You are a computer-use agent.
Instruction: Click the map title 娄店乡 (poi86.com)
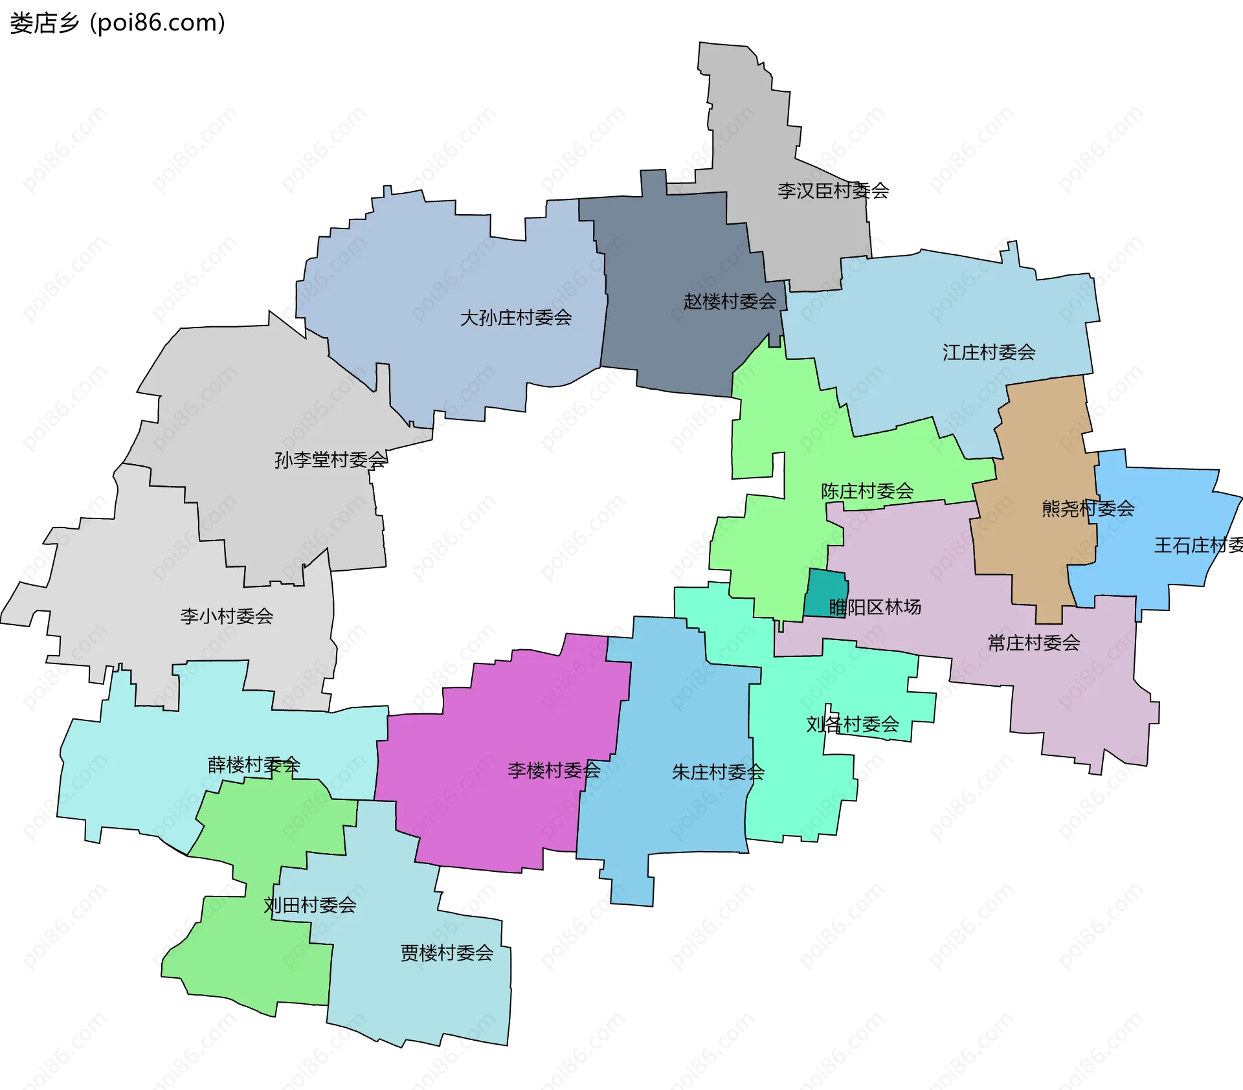click(x=117, y=23)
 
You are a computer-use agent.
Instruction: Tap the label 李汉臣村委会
click(x=833, y=190)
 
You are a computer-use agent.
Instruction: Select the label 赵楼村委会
click(x=730, y=301)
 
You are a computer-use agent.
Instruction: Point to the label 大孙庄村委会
click(x=515, y=317)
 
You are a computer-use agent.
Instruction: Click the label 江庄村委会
click(x=989, y=352)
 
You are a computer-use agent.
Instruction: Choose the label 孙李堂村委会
click(x=330, y=460)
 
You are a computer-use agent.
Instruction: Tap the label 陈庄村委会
click(x=867, y=491)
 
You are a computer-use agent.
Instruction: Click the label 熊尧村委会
click(x=1088, y=508)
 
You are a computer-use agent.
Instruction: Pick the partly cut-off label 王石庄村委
click(x=1198, y=545)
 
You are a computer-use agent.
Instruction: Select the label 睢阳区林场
click(x=875, y=606)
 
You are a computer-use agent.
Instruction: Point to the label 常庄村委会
click(x=1033, y=643)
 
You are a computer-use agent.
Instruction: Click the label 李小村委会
click(x=227, y=616)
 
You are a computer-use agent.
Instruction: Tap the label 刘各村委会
click(x=852, y=724)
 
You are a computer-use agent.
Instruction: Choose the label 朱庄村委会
click(x=718, y=772)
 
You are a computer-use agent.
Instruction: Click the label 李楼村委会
click(x=554, y=770)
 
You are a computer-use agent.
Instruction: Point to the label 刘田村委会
click(x=310, y=904)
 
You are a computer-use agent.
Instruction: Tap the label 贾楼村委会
click(x=447, y=952)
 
